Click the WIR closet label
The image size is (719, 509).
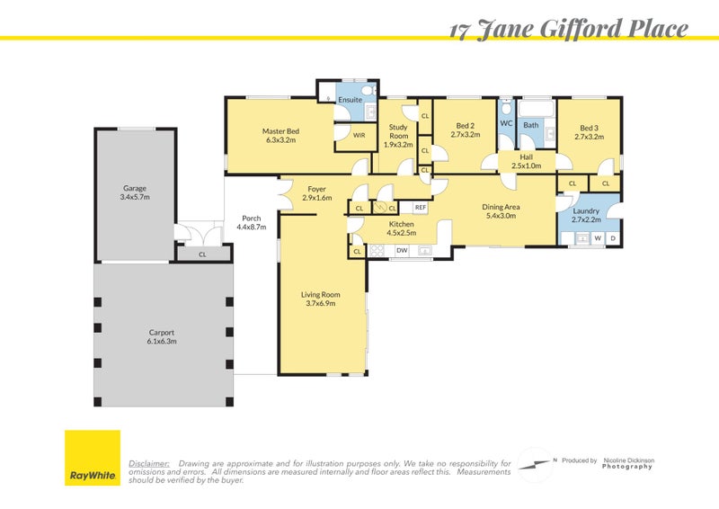click(x=359, y=135)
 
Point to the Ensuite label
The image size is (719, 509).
click(x=350, y=100)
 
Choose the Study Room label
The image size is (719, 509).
click(x=397, y=131)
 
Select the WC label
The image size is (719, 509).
click(x=506, y=123)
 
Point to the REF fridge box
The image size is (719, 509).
click(x=420, y=208)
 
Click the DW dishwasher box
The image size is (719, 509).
click(x=402, y=250)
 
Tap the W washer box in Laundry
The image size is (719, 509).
click(x=596, y=238)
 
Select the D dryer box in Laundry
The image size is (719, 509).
click(x=612, y=238)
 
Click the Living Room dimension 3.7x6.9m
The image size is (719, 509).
click(x=320, y=304)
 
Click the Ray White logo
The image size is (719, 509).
click(x=92, y=458)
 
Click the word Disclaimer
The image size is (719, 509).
click(x=149, y=463)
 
